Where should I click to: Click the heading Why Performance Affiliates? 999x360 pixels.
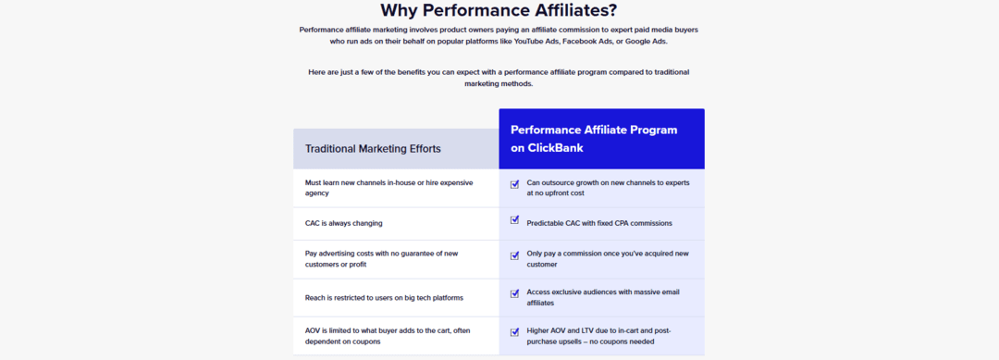click(499, 11)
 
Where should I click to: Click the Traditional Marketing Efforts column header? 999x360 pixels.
click(373, 148)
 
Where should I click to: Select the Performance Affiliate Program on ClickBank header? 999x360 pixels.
click(594, 138)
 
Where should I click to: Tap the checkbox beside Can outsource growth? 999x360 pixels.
click(514, 183)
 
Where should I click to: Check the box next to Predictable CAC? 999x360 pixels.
click(514, 220)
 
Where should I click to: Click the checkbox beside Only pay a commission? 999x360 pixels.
click(514, 255)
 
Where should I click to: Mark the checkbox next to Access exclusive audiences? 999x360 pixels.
click(514, 293)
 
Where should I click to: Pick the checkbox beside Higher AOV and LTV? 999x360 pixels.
click(514, 331)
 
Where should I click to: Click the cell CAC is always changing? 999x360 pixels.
click(343, 223)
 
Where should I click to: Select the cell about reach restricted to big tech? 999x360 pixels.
click(384, 298)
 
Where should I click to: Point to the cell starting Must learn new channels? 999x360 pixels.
click(388, 188)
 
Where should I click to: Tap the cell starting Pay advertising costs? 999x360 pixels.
click(381, 258)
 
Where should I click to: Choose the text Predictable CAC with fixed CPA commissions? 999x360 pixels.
click(598, 223)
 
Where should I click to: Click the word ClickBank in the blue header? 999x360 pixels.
click(557, 148)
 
